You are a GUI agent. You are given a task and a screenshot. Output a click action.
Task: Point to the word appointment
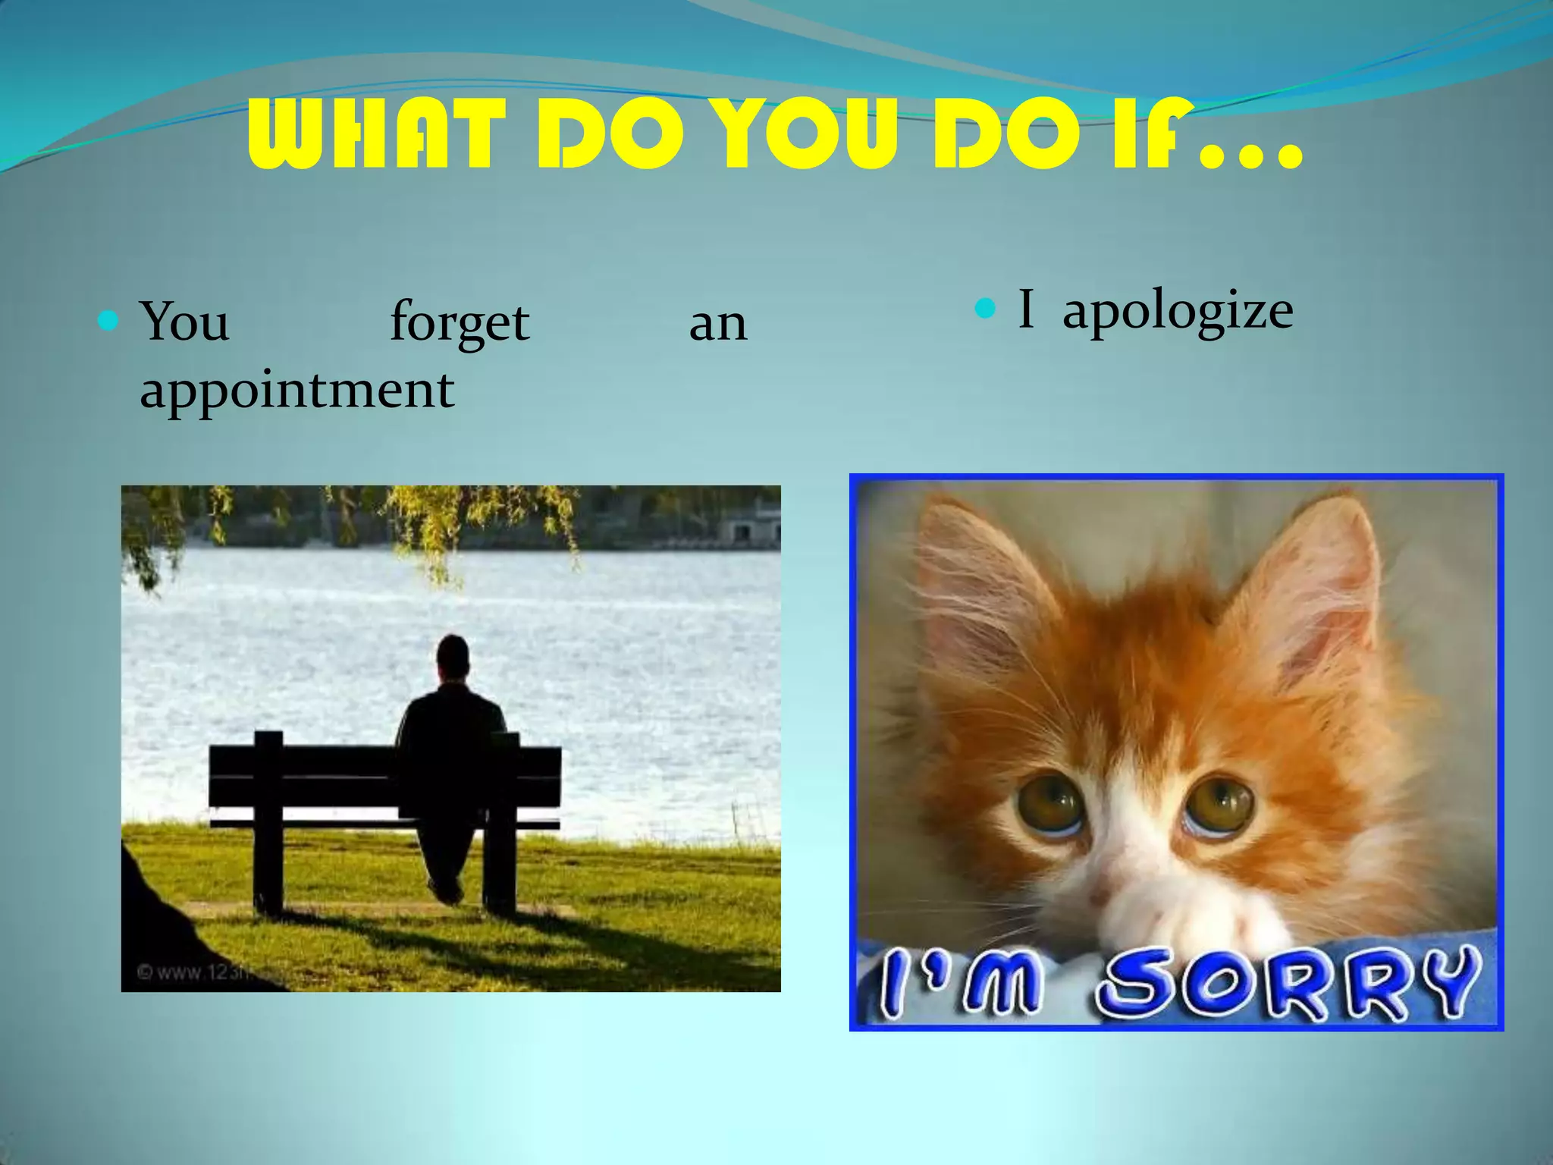point(296,390)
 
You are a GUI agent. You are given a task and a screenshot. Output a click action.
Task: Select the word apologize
point(1178,311)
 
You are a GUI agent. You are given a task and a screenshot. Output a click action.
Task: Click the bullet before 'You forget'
point(108,321)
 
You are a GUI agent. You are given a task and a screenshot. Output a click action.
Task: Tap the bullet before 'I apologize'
point(984,308)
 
